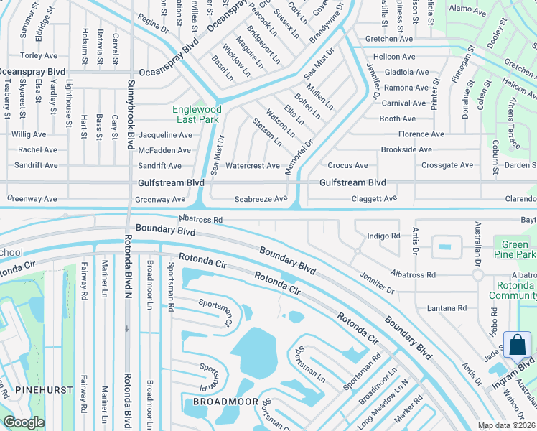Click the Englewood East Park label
pos(197,114)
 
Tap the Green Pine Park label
pos(515,249)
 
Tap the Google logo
pos(24,422)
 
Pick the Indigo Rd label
pos(383,236)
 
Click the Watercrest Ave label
pos(253,166)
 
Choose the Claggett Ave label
pos(374,199)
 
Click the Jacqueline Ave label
pos(165,135)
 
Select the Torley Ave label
pos(39,55)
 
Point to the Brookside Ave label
pos(406,149)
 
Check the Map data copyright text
pos(507,425)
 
